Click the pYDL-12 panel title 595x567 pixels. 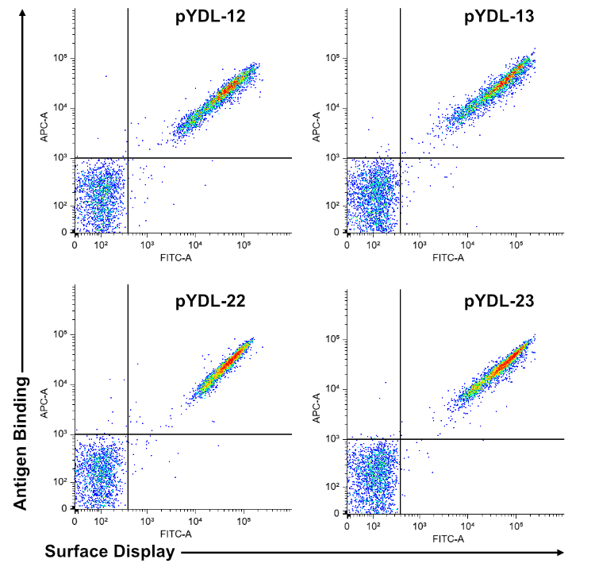pos(211,17)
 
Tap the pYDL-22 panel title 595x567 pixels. pos(211,301)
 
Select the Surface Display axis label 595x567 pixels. pos(109,552)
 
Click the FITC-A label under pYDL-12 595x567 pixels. pos(177,257)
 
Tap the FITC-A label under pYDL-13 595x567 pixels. pos(449,257)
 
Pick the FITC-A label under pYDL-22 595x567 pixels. pos(177,533)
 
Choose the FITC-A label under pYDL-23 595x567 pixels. pos(449,538)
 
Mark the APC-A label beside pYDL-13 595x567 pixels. pos(318,127)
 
